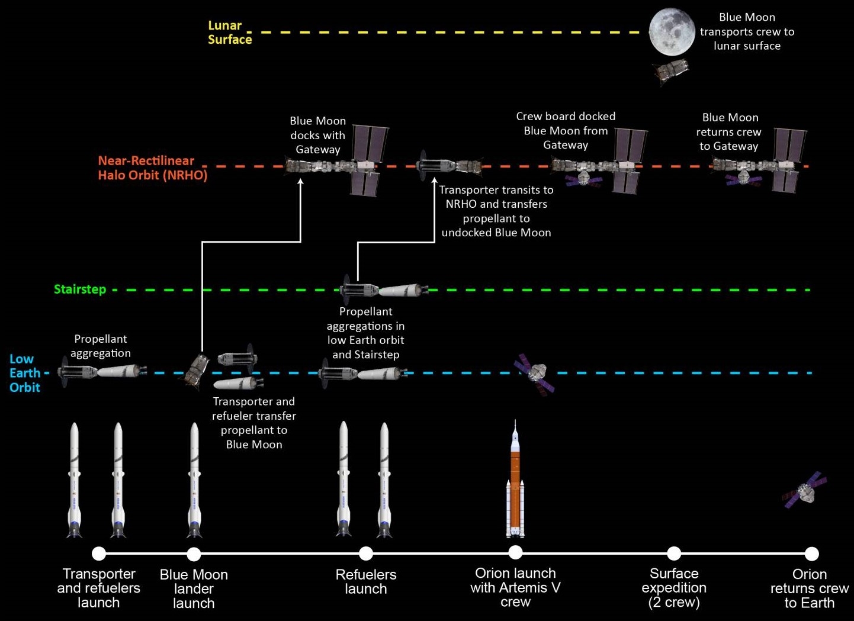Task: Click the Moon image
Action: (x=672, y=32)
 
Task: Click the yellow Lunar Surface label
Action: (x=230, y=33)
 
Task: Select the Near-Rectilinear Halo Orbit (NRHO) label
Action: (x=152, y=168)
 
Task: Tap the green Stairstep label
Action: (x=80, y=289)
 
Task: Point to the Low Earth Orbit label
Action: (x=25, y=373)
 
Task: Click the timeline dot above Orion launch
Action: (x=515, y=553)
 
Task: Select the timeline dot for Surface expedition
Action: (x=674, y=554)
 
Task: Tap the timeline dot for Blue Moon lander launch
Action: (x=194, y=554)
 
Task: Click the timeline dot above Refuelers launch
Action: (x=366, y=554)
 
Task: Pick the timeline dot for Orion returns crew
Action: (x=811, y=554)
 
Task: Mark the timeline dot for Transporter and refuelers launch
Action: (x=99, y=554)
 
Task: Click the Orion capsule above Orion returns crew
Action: (x=804, y=490)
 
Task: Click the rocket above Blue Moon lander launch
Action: (x=194, y=480)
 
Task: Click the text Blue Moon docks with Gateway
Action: (x=317, y=135)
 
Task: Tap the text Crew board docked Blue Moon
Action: (x=566, y=130)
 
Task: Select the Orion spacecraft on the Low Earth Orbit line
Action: (x=535, y=372)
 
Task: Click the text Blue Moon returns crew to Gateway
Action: (x=730, y=131)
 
